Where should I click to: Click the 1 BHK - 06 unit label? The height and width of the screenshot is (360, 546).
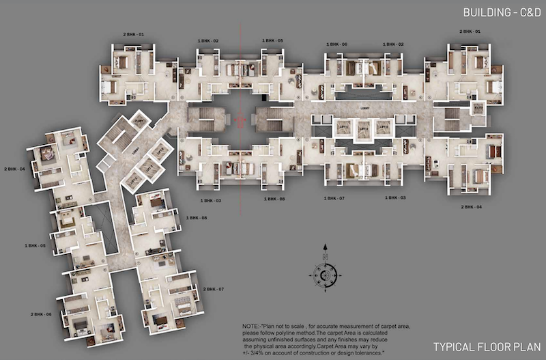tap(336, 44)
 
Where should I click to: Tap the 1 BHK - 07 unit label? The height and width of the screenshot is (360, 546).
tap(336, 198)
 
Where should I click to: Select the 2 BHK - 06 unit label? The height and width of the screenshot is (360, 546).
tap(41, 314)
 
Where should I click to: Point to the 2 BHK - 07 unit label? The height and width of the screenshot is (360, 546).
tap(214, 289)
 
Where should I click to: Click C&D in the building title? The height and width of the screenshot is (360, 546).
tap(523, 12)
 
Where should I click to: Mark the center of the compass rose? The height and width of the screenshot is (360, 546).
tap(325, 275)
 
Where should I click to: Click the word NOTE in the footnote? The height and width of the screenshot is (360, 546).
tap(252, 327)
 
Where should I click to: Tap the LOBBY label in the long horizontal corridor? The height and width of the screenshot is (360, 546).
tap(364, 107)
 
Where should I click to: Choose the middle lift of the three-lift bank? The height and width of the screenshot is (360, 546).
tap(364, 127)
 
